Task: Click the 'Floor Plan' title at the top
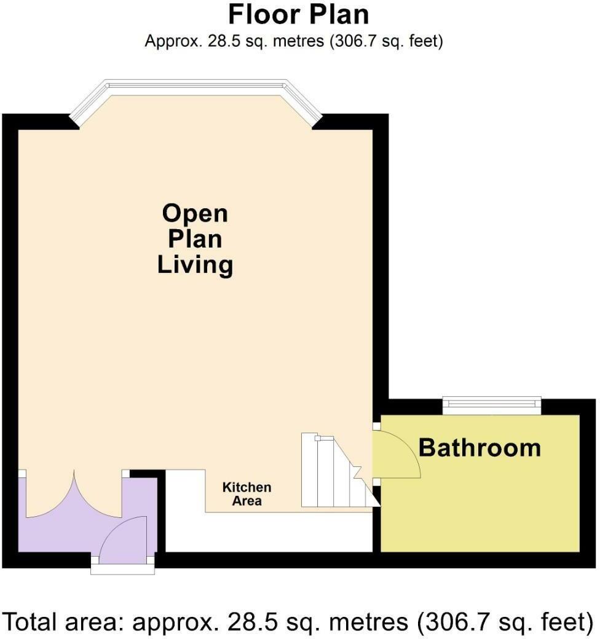click(299, 15)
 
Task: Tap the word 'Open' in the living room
click(195, 214)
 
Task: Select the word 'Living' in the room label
click(195, 265)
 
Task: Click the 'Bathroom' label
click(480, 448)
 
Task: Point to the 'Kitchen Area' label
click(247, 494)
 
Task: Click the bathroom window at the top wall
click(492, 403)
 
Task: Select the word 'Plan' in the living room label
click(195, 240)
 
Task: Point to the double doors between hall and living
click(74, 495)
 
